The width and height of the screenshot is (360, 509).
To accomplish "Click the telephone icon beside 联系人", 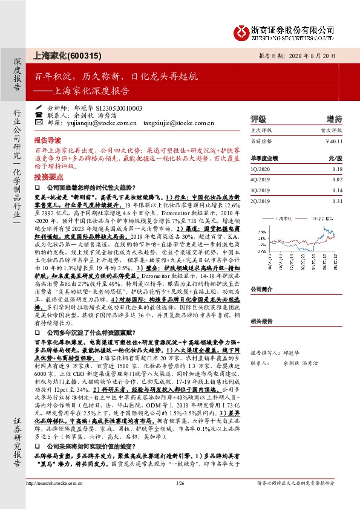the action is coord(39,115).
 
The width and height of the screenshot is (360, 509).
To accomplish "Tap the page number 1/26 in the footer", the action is coord(179,501).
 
